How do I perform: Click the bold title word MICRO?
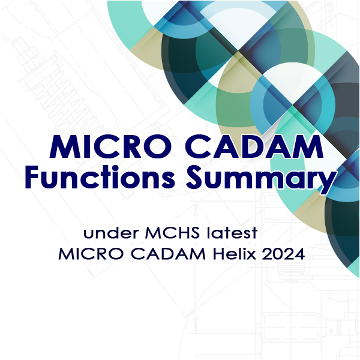click(110, 146)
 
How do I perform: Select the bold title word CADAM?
click(254, 146)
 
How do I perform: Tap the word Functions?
click(100, 176)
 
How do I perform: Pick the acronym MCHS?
click(172, 233)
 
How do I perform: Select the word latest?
click(232, 233)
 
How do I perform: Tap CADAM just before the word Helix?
click(168, 254)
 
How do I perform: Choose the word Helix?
click(235, 254)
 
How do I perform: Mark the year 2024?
click(283, 254)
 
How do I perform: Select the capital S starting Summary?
click(194, 176)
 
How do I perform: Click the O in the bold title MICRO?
click(158, 147)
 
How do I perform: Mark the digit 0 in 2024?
click(278, 254)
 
